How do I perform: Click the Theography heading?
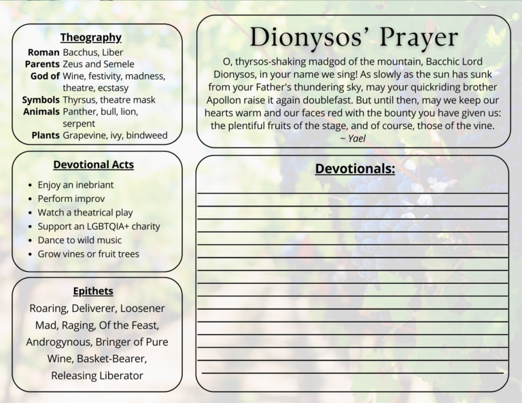90,37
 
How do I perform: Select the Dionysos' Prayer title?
353,37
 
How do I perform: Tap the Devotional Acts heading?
93,164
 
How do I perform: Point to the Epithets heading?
93,291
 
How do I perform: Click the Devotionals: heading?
355,169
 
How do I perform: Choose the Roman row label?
43,52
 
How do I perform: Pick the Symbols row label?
41,100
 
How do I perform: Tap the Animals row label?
41,111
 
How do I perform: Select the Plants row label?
46,135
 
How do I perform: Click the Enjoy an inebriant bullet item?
75,185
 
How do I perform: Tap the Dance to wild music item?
80,240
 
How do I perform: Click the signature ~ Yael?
353,138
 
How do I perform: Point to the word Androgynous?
58,342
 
